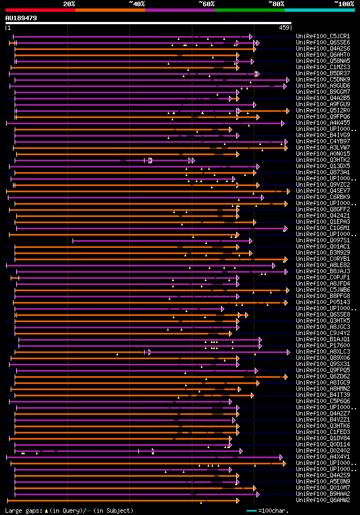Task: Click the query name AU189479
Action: [x=21, y=18]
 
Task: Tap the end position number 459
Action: [x=284, y=28]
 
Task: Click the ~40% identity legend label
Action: [x=137, y=4]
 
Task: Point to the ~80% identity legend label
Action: [x=276, y=4]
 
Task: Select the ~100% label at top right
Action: [x=344, y=4]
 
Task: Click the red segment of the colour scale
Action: [x=40, y=10]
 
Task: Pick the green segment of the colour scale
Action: [x=249, y=10]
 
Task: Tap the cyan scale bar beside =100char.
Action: [x=252, y=511]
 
